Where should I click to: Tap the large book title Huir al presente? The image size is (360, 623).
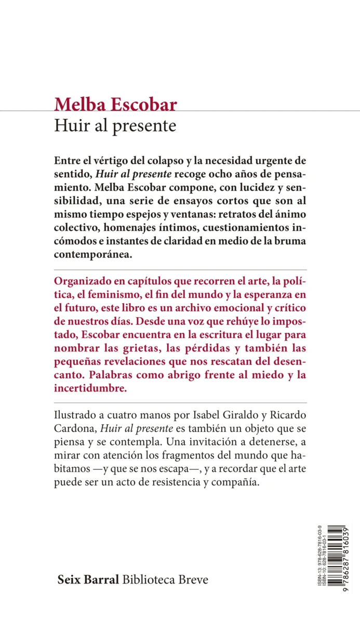pos(115,126)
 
